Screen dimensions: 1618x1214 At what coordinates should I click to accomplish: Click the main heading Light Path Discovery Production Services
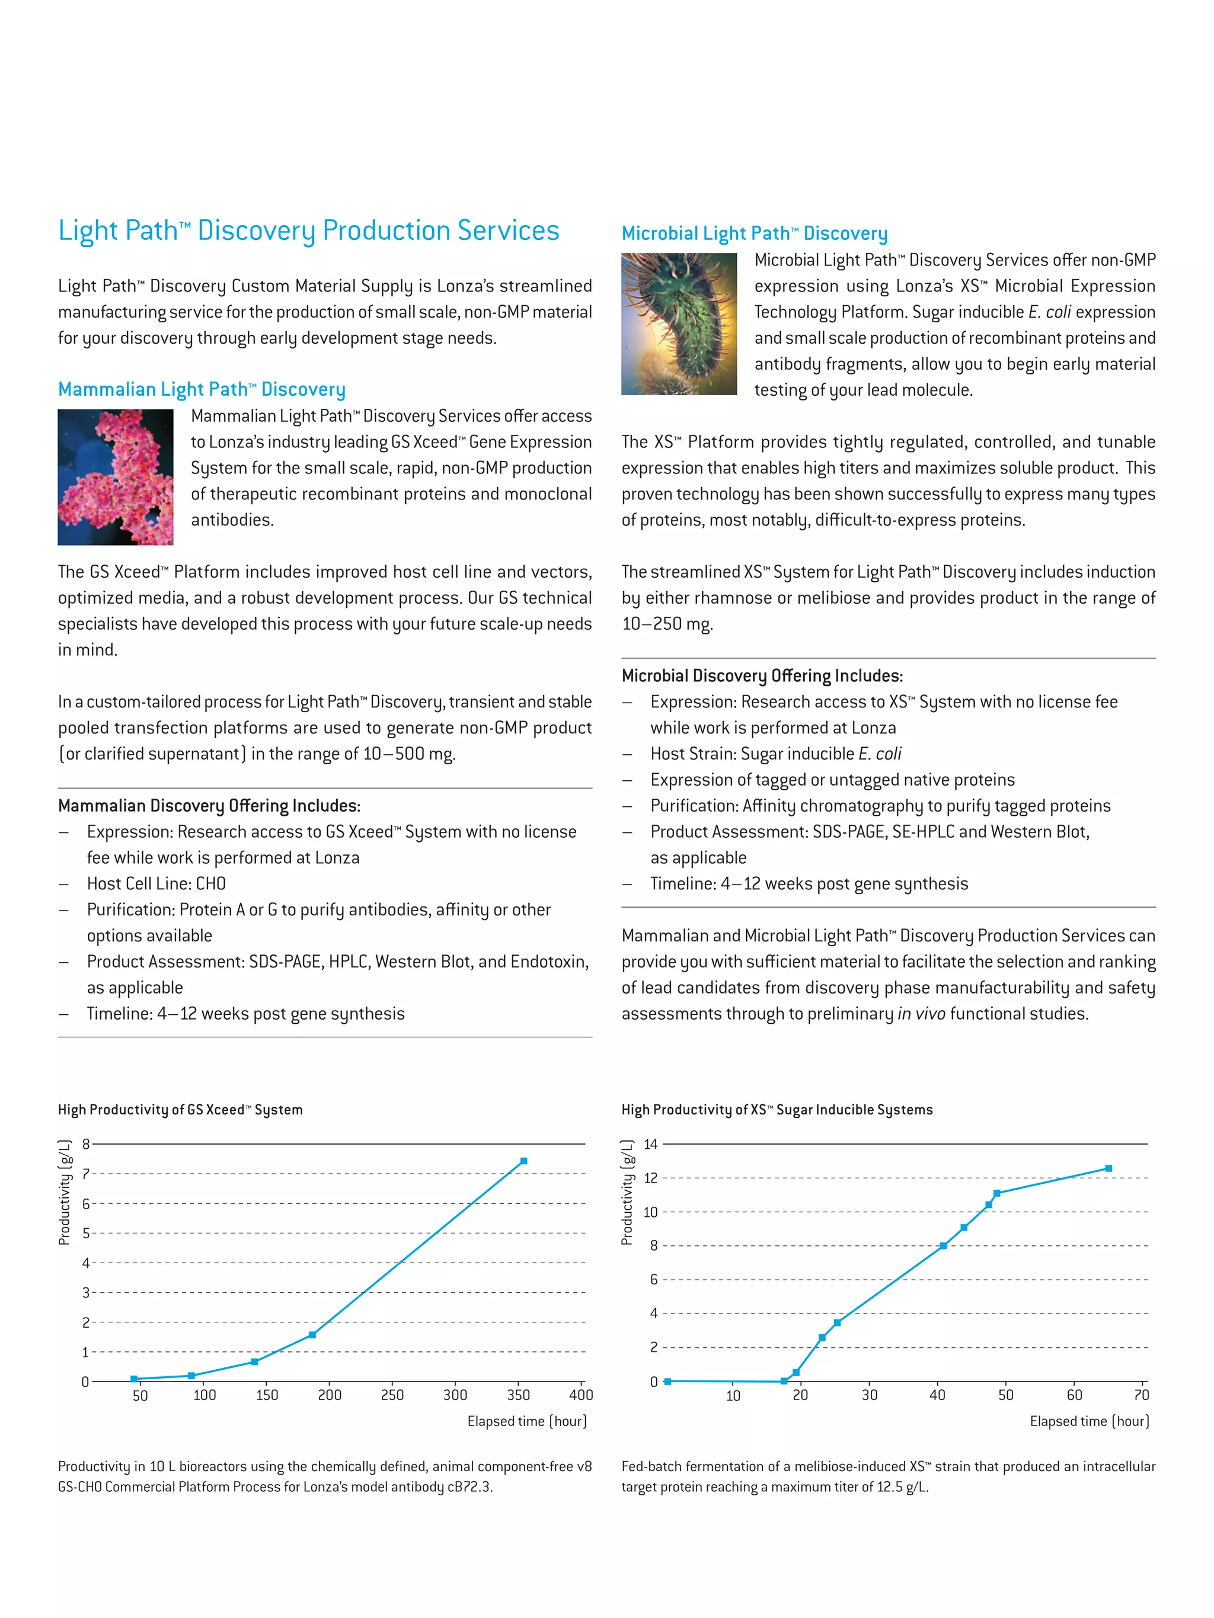point(308,230)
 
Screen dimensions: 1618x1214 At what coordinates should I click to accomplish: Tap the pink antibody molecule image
point(116,477)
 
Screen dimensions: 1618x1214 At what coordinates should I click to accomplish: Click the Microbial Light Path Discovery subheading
point(754,233)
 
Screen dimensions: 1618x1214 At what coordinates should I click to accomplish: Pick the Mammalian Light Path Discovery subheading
point(201,389)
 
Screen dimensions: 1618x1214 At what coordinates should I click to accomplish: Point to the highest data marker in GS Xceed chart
point(523,1161)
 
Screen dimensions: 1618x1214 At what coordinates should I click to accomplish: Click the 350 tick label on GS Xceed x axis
point(518,1395)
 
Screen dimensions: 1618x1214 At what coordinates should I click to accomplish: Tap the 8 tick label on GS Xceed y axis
point(85,1144)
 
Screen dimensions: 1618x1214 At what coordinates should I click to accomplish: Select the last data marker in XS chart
point(1108,1168)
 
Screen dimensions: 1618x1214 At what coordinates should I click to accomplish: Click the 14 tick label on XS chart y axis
point(650,1144)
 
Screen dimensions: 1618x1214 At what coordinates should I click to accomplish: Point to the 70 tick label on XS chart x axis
point(1141,1395)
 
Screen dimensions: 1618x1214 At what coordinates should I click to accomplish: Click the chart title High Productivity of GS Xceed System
point(180,1110)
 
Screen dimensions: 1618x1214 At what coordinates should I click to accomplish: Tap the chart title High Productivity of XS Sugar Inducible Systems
point(777,1110)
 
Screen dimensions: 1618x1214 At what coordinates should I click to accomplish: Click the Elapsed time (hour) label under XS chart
point(1089,1421)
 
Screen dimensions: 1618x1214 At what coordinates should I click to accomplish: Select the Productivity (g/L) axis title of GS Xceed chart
point(65,1192)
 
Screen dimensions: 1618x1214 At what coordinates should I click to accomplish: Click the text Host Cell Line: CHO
point(156,883)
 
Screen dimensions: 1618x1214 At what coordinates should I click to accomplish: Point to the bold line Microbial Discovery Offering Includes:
point(762,676)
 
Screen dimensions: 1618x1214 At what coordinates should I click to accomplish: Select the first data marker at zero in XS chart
point(667,1382)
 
